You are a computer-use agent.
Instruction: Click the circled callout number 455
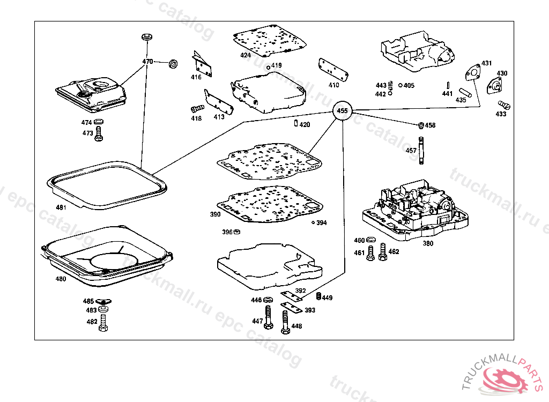point(342,111)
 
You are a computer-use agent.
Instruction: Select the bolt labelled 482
point(103,323)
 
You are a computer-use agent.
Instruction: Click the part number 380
point(427,243)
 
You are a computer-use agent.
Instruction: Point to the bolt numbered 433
point(503,105)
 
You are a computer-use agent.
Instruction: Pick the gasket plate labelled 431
point(472,73)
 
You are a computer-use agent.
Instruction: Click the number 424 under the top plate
point(246,55)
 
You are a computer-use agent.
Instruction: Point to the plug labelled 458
point(421,125)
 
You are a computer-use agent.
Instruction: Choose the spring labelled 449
point(318,297)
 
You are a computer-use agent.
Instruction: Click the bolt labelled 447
point(268,318)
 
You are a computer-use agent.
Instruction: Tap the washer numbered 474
point(99,123)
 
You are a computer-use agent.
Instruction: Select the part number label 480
point(61,279)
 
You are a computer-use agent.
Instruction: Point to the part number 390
point(215,214)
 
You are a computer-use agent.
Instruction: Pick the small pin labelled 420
point(296,124)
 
